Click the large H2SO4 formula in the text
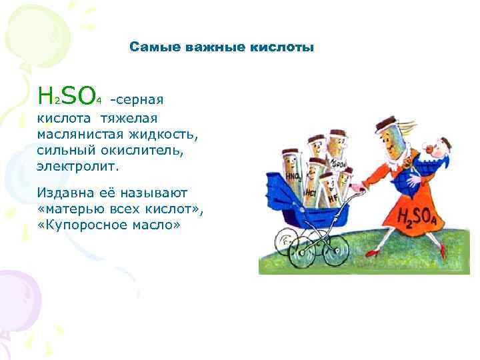tap(69, 96)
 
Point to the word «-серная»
tap(137, 100)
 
